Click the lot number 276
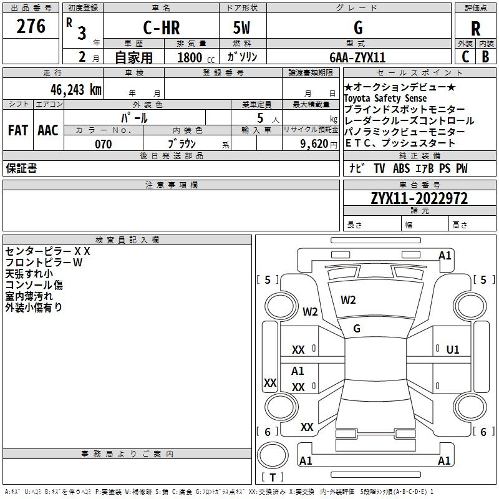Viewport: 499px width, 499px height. (31, 27)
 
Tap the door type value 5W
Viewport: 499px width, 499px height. (243, 29)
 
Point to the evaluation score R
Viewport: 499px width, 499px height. (475, 29)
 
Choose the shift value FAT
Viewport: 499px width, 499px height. (17, 130)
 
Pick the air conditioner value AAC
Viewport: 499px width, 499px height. (48, 130)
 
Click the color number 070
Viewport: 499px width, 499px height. (104, 144)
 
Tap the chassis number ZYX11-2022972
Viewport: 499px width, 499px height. (419, 199)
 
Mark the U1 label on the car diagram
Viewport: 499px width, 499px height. (453, 349)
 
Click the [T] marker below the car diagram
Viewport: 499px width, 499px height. (273, 477)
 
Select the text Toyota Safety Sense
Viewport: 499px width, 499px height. (385, 99)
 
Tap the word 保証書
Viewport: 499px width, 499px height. (21, 168)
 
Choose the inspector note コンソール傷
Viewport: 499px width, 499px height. (34, 285)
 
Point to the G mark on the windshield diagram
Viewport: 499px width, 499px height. (357, 328)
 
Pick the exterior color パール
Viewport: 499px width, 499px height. (134, 118)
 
